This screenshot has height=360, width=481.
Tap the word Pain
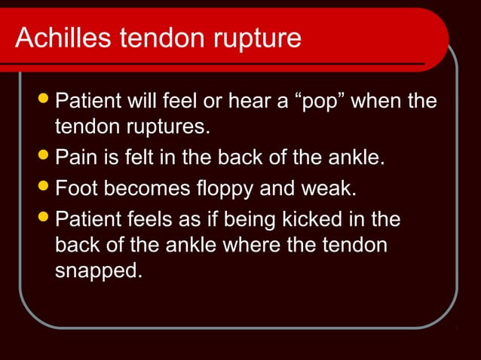[x=78, y=159]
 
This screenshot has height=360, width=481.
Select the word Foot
[x=78, y=188]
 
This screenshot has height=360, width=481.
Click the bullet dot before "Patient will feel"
[x=43, y=100]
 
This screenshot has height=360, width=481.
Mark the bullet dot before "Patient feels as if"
[x=43, y=219]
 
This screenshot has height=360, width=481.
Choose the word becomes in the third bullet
[x=144, y=188]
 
